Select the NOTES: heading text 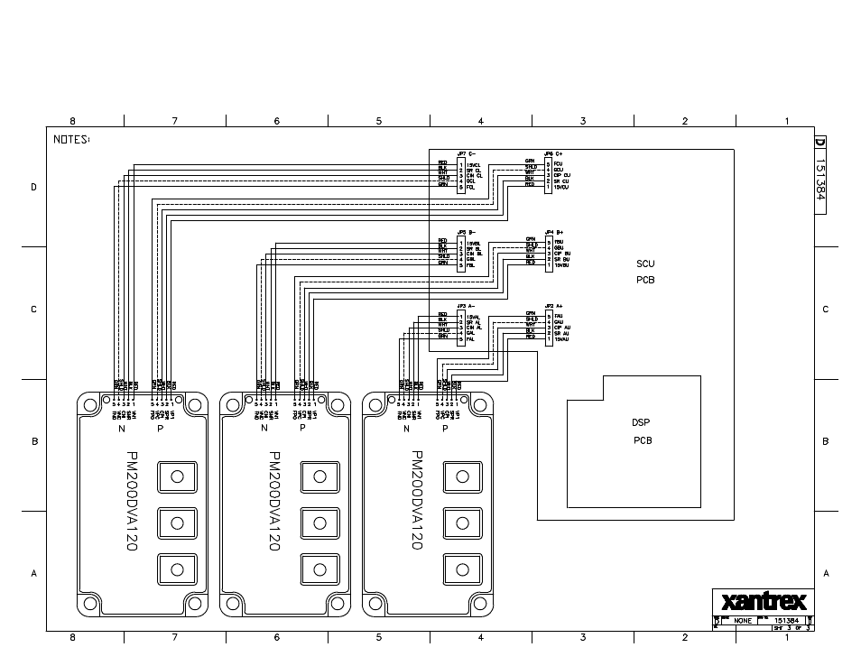click(71, 139)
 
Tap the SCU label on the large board click(645, 264)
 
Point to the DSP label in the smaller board click(642, 422)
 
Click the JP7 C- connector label click(466, 154)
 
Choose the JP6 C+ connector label click(554, 154)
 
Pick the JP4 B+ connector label click(554, 232)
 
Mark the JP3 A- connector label click(466, 306)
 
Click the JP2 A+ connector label click(554, 306)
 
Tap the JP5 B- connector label click(466, 232)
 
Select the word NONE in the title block click(742, 621)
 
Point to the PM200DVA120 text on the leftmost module click(132, 502)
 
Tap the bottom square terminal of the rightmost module click(462, 569)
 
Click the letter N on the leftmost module click(122, 429)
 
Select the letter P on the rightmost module click(445, 429)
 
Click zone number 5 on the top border click(379, 121)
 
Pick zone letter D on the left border click(34, 188)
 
